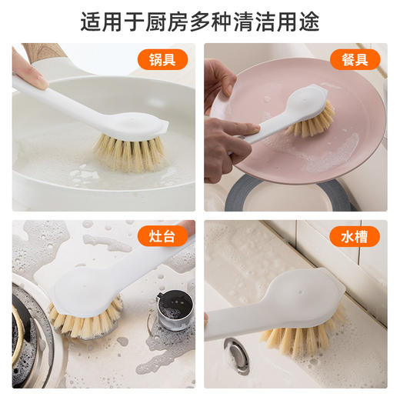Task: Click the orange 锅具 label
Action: click(163, 59)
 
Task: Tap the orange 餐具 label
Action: click(355, 59)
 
